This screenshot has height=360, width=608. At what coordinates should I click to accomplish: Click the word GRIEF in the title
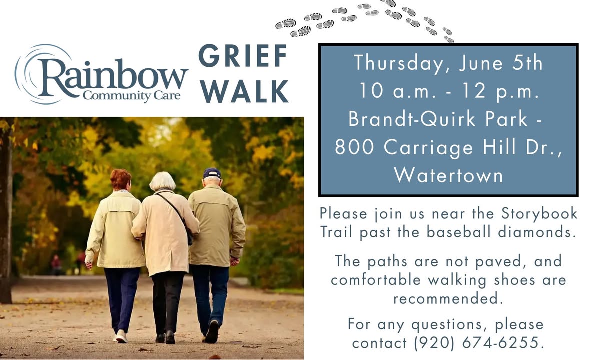pyautogui.click(x=243, y=55)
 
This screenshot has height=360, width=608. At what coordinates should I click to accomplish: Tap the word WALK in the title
pyautogui.click(x=245, y=91)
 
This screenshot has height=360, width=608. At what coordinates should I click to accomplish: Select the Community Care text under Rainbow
pyautogui.click(x=132, y=95)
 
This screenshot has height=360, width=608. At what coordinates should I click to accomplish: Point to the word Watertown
pyautogui.click(x=449, y=175)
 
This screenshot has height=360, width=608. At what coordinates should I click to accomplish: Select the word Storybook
pyautogui.click(x=539, y=213)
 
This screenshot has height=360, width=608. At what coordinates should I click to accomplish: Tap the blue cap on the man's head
pyautogui.click(x=212, y=173)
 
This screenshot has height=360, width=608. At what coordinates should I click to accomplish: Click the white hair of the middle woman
pyautogui.click(x=162, y=181)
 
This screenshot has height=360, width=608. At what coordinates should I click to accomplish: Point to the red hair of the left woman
pyautogui.click(x=120, y=179)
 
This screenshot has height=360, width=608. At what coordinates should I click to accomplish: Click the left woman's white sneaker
pyautogui.click(x=121, y=336)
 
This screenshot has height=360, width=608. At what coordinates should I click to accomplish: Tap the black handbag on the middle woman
pyautogui.click(x=190, y=235)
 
